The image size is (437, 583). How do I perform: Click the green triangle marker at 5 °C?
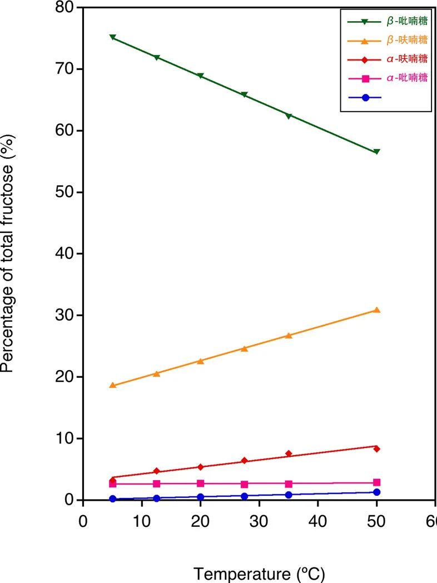(112, 37)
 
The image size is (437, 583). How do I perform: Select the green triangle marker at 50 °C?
(376, 152)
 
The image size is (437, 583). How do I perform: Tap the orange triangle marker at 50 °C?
(376, 310)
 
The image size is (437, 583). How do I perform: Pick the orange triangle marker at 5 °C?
(112, 385)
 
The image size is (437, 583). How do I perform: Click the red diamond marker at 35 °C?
(289, 454)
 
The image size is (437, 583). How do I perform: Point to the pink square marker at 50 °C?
(376, 482)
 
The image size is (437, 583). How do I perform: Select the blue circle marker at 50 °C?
(376, 492)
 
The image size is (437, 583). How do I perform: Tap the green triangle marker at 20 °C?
(200, 76)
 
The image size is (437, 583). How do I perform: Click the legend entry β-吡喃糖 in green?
(407, 21)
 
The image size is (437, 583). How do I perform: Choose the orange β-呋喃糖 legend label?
(407, 40)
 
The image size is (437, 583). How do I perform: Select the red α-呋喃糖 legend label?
(407, 59)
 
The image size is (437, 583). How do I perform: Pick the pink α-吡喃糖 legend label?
(407, 78)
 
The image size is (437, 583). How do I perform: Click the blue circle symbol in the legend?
(365, 97)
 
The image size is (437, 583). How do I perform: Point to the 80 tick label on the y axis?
(65, 7)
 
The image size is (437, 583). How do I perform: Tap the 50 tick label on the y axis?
(65, 192)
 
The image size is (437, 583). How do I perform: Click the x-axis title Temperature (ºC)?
(259, 573)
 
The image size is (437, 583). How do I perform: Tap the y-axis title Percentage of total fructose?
(8, 253)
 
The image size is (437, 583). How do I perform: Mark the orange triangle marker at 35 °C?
(289, 335)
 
